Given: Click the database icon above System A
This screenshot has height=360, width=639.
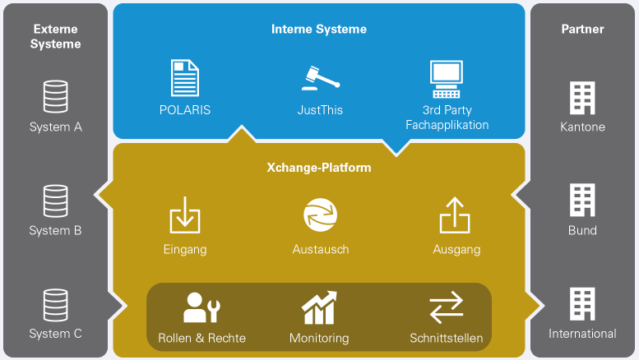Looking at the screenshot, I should [55, 96].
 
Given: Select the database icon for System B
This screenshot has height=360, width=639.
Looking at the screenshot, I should [55, 201].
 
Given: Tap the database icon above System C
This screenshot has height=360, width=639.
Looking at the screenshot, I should [55, 304].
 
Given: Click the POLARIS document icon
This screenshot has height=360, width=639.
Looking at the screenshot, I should [185, 79].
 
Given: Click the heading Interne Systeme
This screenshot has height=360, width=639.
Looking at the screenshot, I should [319, 29].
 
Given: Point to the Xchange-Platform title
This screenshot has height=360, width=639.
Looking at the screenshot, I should [319, 168].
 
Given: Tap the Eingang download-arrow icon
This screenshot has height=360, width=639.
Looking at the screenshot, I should [185, 215].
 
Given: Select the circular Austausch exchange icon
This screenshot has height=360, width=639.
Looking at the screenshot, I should [320, 215].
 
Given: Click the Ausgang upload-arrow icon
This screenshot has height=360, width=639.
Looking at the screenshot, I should [455, 215].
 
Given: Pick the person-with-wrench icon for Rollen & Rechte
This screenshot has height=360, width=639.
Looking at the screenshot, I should [201, 308].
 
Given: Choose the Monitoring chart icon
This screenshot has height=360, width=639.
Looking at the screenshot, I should [319, 308].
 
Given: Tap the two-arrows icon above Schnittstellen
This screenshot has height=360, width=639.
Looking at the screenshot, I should [446, 309].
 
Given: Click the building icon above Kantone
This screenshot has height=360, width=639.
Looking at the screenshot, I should [582, 98].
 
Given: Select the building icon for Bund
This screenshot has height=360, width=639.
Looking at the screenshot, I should [582, 201].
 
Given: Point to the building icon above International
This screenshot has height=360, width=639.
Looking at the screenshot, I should [582, 304].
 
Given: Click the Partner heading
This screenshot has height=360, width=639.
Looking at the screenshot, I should [582, 29].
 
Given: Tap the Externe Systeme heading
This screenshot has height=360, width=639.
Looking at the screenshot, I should [55, 36].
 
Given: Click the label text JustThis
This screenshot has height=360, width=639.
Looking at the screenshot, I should [320, 109].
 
